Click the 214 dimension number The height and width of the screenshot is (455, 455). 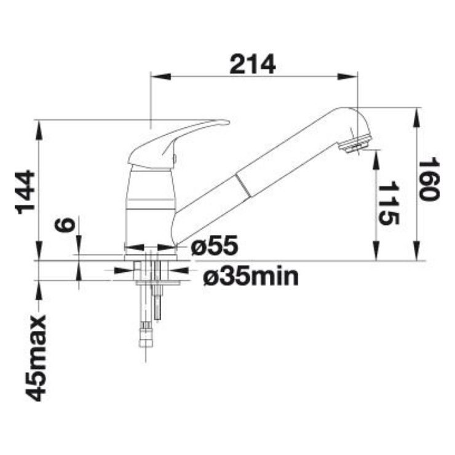(252, 64)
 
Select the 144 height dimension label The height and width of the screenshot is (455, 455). (25, 192)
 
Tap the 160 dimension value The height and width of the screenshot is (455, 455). (429, 179)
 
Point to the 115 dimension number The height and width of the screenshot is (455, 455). (389, 203)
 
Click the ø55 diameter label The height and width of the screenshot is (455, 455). (215, 245)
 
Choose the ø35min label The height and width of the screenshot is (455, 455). (251, 277)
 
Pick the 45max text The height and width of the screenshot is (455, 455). (36, 358)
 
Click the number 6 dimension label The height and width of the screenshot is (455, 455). (65, 224)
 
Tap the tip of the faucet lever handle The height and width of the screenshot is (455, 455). (228, 122)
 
